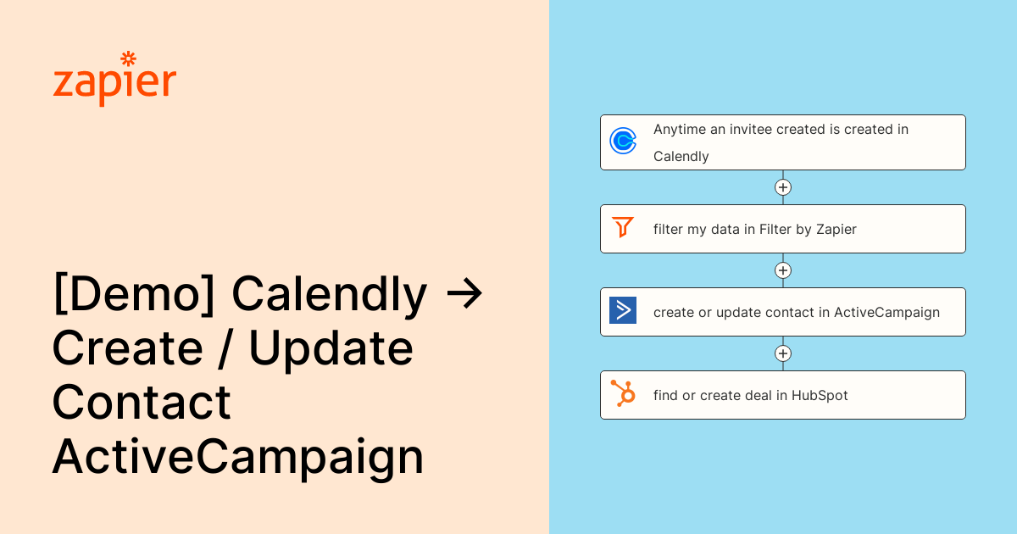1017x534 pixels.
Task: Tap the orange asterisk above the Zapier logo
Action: click(x=129, y=58)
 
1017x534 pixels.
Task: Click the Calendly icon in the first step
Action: click(x=623, y=141)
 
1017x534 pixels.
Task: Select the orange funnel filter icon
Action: click(x=623, y=227)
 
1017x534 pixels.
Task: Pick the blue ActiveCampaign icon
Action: click(x=623, y=310)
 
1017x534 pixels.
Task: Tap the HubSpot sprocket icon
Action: click(x=623, y=393)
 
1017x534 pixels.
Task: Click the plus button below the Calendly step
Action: click(x=783, y=187)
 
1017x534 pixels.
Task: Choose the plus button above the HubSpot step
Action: click(x=783, y=353)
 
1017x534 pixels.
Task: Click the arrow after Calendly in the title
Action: click(x=464, y=294)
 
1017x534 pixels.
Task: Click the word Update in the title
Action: click(x=331, y=348)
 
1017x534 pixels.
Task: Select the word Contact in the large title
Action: click(x=142, y=402)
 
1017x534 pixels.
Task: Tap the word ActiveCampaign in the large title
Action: click(x=238, y=457)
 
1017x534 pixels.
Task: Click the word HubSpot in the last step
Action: click(x=820, y=396)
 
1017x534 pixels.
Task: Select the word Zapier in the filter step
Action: click(x=836, y=230)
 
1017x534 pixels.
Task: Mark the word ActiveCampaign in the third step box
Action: click(x=886, y=313)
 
